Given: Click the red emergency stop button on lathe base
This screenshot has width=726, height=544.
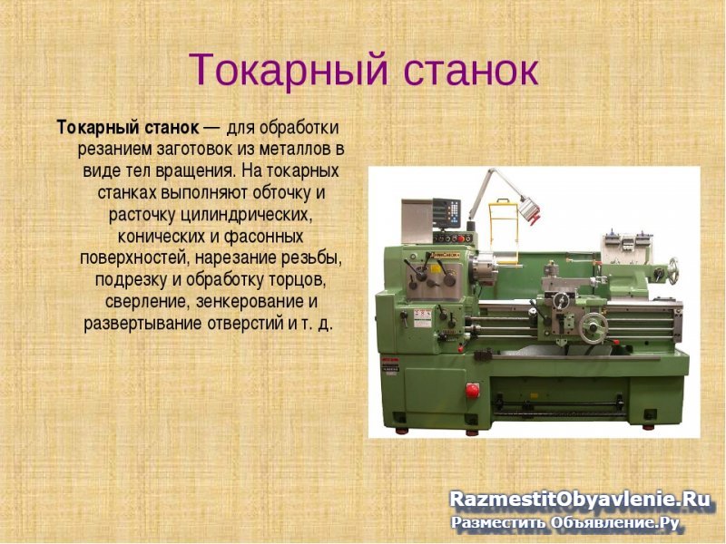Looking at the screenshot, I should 472,389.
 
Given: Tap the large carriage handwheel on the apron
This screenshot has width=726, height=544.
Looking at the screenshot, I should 595,326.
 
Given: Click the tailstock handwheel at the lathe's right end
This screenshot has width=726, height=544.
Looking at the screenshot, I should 673,268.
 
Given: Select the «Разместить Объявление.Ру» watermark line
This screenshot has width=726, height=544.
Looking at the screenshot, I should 566,522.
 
